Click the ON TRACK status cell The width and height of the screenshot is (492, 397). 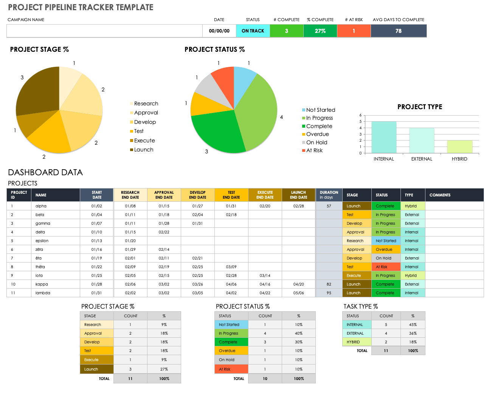(253, 31)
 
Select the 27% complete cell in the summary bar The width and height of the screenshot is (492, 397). (320, 31)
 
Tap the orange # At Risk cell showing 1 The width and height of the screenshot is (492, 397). (354, 31)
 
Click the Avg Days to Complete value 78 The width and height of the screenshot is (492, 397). (399, 31)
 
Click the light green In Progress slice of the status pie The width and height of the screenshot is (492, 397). (256, 111)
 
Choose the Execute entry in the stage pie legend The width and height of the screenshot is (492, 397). (143, 141)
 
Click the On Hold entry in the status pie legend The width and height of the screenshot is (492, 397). (315, 142)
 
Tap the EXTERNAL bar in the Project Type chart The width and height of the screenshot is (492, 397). (422, 141)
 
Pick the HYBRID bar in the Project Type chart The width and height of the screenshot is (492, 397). (459, 147)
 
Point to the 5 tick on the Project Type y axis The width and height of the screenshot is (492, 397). (360, 122)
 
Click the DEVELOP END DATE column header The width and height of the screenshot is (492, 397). (198, 195)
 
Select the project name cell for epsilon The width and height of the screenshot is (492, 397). (42, 241)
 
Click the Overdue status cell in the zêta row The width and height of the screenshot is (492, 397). (386, 249)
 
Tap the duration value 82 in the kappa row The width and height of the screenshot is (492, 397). (329, 284)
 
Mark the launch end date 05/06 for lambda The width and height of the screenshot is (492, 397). (298, 293)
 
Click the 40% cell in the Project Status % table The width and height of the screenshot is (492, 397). (298, 333)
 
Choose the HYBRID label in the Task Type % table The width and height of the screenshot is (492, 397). (353, 342)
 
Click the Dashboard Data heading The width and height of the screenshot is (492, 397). (45, 172)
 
